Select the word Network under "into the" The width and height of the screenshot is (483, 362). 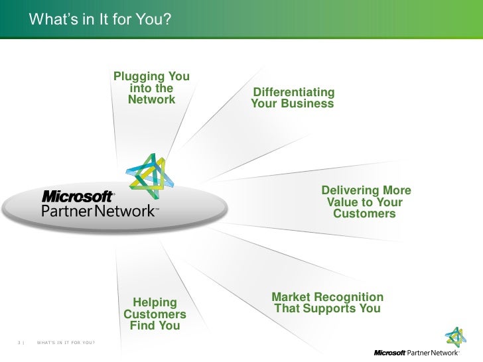[x=151, y=99]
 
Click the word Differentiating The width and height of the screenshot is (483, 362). [x=294, y=92]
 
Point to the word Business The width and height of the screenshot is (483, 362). [x=307, y=104]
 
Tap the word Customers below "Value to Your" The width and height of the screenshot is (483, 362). [x=364, y=214]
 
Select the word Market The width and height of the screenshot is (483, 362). [x=294, y=296]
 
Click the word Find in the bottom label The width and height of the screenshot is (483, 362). [x=143, y=326]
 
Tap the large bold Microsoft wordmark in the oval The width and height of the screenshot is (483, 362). [x=78, y=197]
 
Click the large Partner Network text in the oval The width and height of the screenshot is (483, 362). [x=98, y=211]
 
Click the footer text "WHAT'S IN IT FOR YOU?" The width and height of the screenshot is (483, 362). [x=65, y=343]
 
